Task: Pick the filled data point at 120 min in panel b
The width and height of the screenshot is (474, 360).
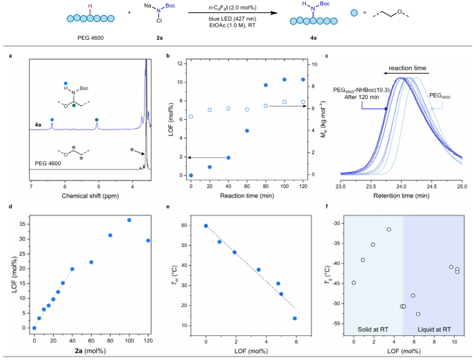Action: (302, 80)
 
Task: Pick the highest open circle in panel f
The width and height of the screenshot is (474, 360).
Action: (389, 229)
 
